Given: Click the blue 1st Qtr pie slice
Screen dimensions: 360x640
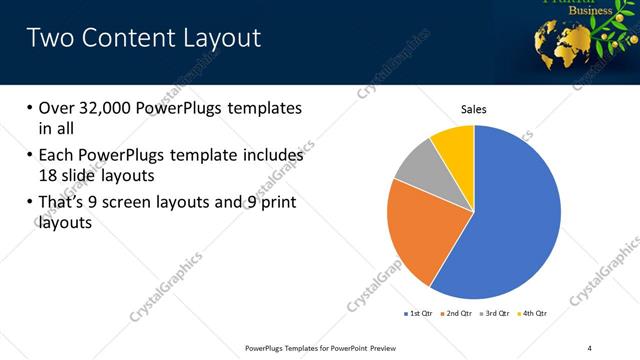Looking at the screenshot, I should point(510,220).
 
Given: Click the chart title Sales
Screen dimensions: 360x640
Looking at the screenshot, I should point(473,109).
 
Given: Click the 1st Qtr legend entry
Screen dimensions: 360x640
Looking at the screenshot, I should point(417,313).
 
